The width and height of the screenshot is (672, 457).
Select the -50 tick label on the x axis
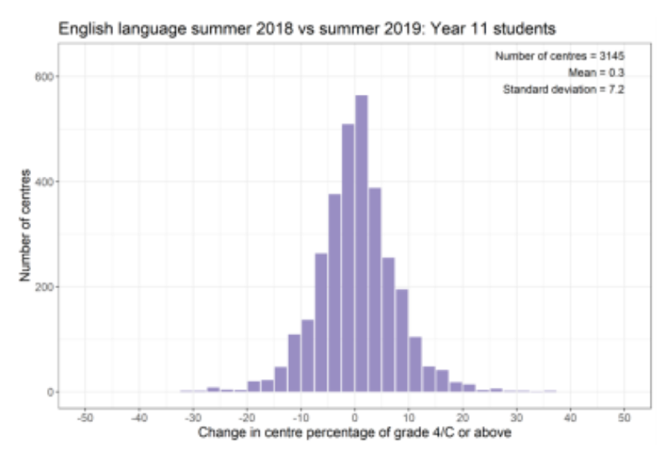(x=85, y=417)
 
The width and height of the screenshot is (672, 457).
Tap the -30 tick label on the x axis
(x=193, y=417)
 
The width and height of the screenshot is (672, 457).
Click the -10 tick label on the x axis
(x=301, y=417)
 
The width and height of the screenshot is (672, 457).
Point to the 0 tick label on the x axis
(x=355, y=417)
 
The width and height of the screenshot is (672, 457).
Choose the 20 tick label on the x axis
(x=463, y=417)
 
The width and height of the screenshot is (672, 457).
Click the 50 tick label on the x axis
(x=624, y=417)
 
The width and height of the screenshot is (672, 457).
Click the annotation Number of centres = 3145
(x=559, y=57)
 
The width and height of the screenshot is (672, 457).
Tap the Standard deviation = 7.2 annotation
(x=564, y=89)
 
